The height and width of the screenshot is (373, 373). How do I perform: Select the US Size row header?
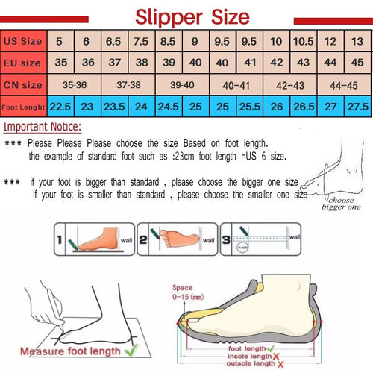tap(22, 40)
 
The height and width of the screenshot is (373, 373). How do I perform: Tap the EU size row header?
tap(22, 62)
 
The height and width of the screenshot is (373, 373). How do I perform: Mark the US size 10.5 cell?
tap(304, 40)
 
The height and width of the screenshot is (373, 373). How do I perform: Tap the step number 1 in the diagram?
tap(63, 240)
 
